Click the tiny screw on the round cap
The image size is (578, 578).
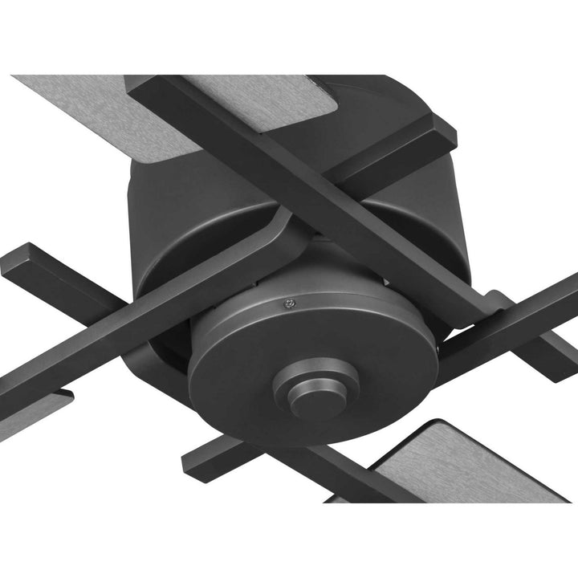click(x=290, y=303)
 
